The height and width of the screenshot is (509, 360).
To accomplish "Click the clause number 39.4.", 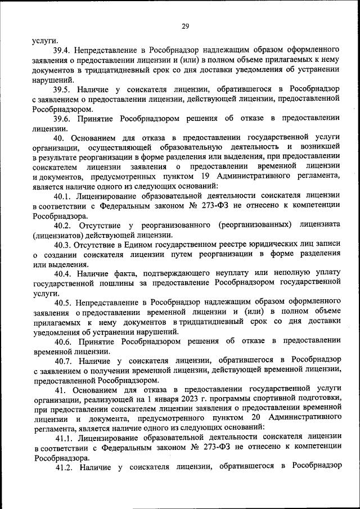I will (x=62, y=51).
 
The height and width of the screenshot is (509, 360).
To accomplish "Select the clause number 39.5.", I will (x=62, y=89).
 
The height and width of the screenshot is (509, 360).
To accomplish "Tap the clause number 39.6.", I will (x=62, y=119).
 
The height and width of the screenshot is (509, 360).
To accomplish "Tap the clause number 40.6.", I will (x=63, y=341).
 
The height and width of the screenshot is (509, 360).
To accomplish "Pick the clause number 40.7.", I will (x=63, y=361).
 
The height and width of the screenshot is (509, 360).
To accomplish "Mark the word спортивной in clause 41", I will (x=272, y=399).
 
